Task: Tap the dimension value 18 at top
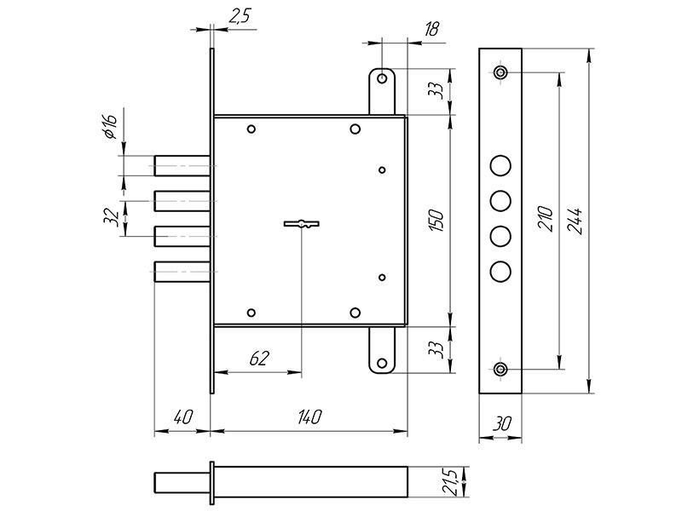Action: [x=431, y=30]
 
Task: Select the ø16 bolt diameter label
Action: [x=109, y=128]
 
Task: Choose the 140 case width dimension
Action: [x=309, y=417]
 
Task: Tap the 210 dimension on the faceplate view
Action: [x=546, y=220]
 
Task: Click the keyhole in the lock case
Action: [x=301, y=225]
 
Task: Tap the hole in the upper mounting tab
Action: [x=383, y=79]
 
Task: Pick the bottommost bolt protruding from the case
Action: [x=182, y=272]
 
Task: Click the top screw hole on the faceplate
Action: [x=500, y=72]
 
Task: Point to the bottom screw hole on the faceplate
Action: [x=500, y=369]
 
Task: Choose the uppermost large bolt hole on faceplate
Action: [x=500, y=164]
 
